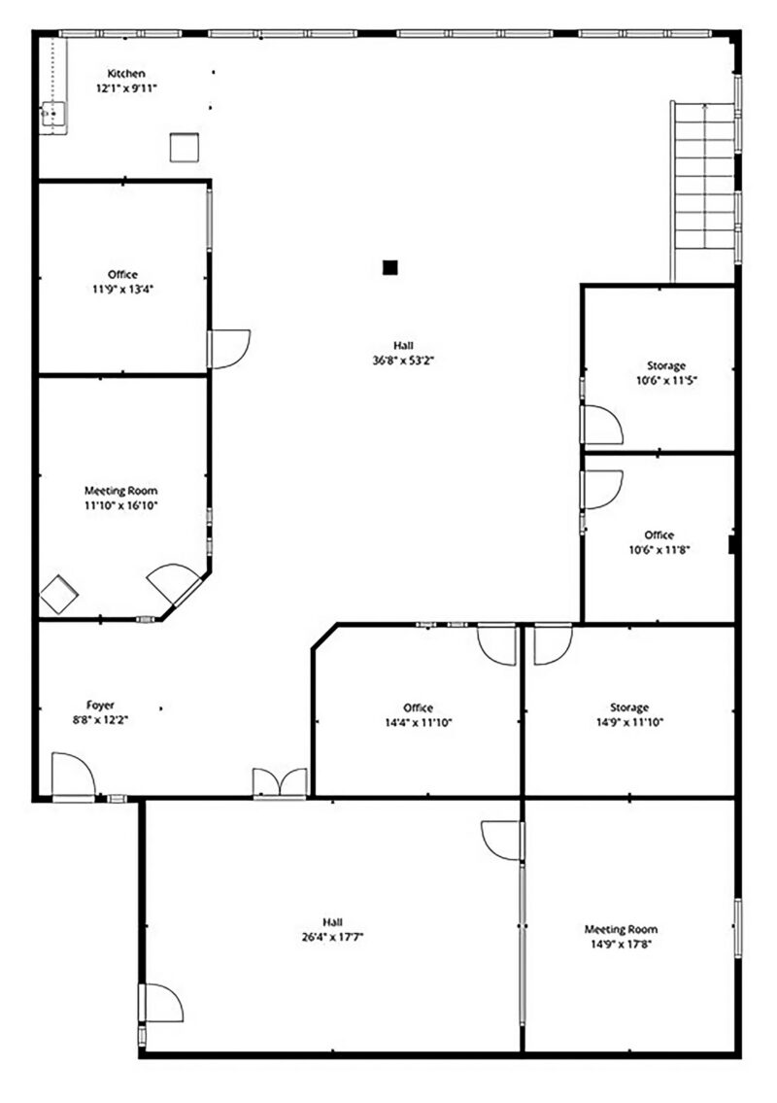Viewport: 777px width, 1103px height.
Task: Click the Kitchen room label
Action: [126, 73]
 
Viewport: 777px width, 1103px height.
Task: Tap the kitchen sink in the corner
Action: [53, 115]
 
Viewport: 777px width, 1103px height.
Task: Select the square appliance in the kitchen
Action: [185, 147]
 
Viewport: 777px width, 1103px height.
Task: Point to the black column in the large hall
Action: [390, 267]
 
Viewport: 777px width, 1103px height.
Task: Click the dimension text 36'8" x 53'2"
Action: [404, 361]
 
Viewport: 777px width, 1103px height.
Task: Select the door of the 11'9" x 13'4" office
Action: [229, 349]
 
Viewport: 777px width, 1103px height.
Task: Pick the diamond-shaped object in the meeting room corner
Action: [59, 595]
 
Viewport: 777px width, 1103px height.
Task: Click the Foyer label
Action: [101, 705]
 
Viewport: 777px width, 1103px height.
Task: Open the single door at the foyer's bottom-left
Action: [74, 776]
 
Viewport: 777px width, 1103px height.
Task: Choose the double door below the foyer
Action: [281, 783]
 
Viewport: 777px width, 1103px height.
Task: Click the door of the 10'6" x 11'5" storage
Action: [602, 425]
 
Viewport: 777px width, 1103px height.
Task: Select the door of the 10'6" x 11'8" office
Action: [602, 490]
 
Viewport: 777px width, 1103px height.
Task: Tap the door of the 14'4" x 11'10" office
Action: [497, 643]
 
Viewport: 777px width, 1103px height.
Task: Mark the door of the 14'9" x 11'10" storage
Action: [554, 643]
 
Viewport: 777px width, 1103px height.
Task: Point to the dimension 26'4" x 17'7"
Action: [332, 937]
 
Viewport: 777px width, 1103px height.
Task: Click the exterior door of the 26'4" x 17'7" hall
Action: [161, 1003]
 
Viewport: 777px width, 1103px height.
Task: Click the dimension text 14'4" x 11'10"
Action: [419, 722]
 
